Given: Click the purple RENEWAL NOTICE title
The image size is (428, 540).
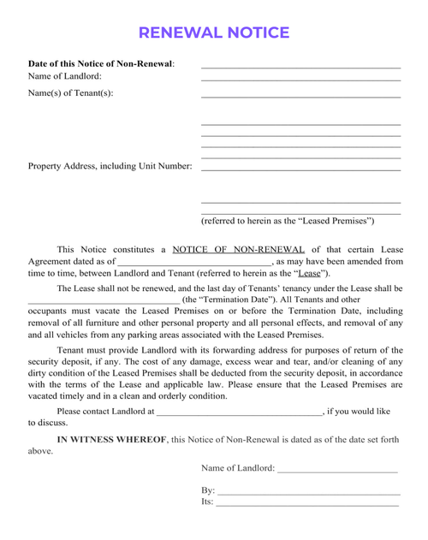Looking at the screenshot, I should pyautogui.click(x=213, y=33).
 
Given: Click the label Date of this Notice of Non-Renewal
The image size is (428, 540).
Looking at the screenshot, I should pyautogui.click(x=101, y=64).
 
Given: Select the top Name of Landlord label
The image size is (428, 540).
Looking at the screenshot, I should pyautogui.click(x=65, y=77).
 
